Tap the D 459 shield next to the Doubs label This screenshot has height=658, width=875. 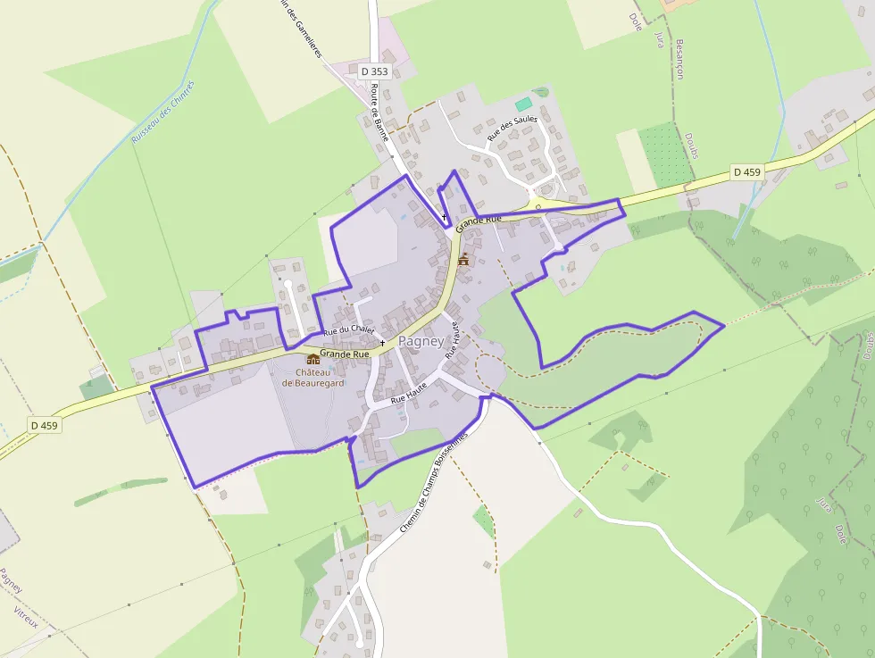pyautogui.click(x=746, y=171)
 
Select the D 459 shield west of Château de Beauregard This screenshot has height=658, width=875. pyautogui.click(x=44, y=426)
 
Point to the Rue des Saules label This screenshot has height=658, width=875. pyautogui.click(x=512, y=130)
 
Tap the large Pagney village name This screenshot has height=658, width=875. pyautogui.click(x=421, y=341)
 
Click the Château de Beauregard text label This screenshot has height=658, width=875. pyautogui.click(x=313, y=378)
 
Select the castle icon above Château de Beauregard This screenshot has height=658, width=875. pyautogui.click(x=313, y=359)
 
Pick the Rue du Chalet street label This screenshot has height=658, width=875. pyautogui.click(x=349, y=330)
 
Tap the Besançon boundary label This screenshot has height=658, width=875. pyautogui.click(x=679, y=58)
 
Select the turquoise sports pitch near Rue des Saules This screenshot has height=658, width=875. pyautogui.click(x=522, y=104)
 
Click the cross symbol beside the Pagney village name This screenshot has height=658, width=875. pyautogui.click(x=382, y=343)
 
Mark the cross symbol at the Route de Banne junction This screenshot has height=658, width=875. pyautogui.click(x=445, y=217)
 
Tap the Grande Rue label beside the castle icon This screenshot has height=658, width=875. pyautogui.click(x=345, y=354)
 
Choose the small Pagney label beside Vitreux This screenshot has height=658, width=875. pyautogui.click(x=12, y=580)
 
